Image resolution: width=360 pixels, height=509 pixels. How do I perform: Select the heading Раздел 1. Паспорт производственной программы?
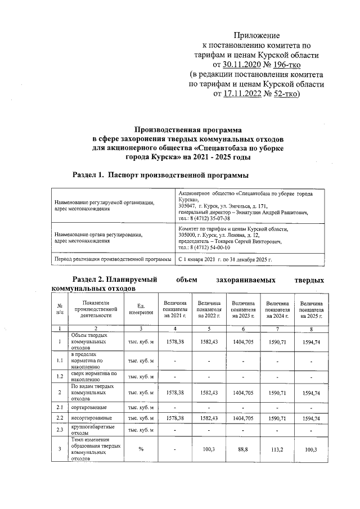click(161, 176)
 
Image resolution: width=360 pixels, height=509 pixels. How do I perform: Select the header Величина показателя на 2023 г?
click(242, 309)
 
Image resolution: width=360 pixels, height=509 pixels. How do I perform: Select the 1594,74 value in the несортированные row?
click(311, 418)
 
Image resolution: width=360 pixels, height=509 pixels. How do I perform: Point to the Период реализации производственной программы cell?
click(112, 260)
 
